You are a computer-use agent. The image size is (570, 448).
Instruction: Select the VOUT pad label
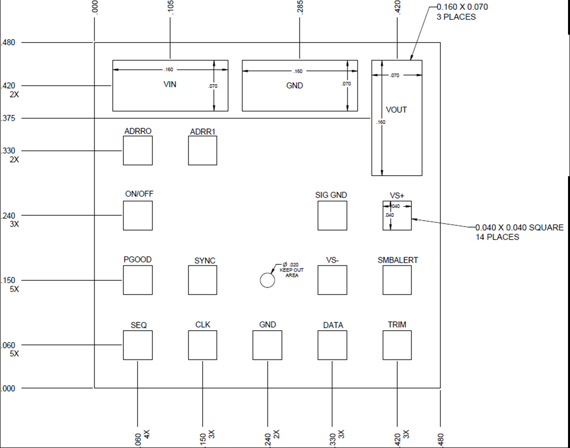396,110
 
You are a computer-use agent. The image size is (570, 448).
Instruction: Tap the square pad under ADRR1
202,150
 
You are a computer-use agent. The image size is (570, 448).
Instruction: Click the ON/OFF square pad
138,215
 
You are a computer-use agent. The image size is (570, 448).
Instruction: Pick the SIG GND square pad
332,215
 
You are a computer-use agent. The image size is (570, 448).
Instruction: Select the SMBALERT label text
398,260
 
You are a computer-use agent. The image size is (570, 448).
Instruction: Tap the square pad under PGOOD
138,280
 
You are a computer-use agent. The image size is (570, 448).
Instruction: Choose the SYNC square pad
202,280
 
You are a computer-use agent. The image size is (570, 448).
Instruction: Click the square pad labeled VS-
332,280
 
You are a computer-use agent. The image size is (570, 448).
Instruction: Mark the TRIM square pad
397,345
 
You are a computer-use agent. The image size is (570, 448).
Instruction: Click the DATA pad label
333,325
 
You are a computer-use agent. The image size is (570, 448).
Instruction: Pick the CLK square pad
202,345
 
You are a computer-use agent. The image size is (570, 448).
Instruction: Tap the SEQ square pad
138,345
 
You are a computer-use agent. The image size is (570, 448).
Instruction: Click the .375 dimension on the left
9,118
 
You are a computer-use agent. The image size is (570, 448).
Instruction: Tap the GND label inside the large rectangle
294,86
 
